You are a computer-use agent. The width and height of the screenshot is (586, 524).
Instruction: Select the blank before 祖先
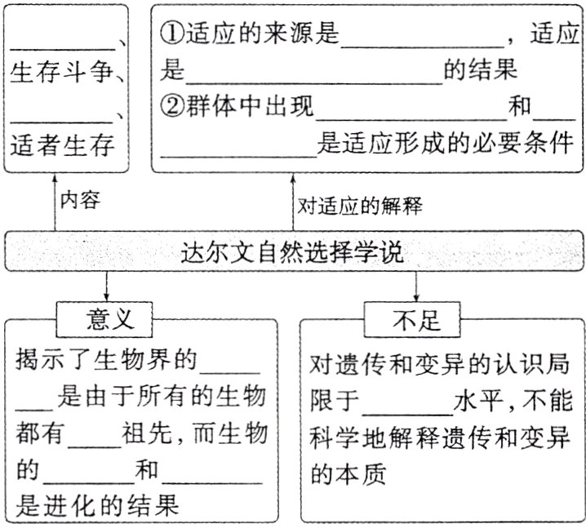click(x=95, y=437)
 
